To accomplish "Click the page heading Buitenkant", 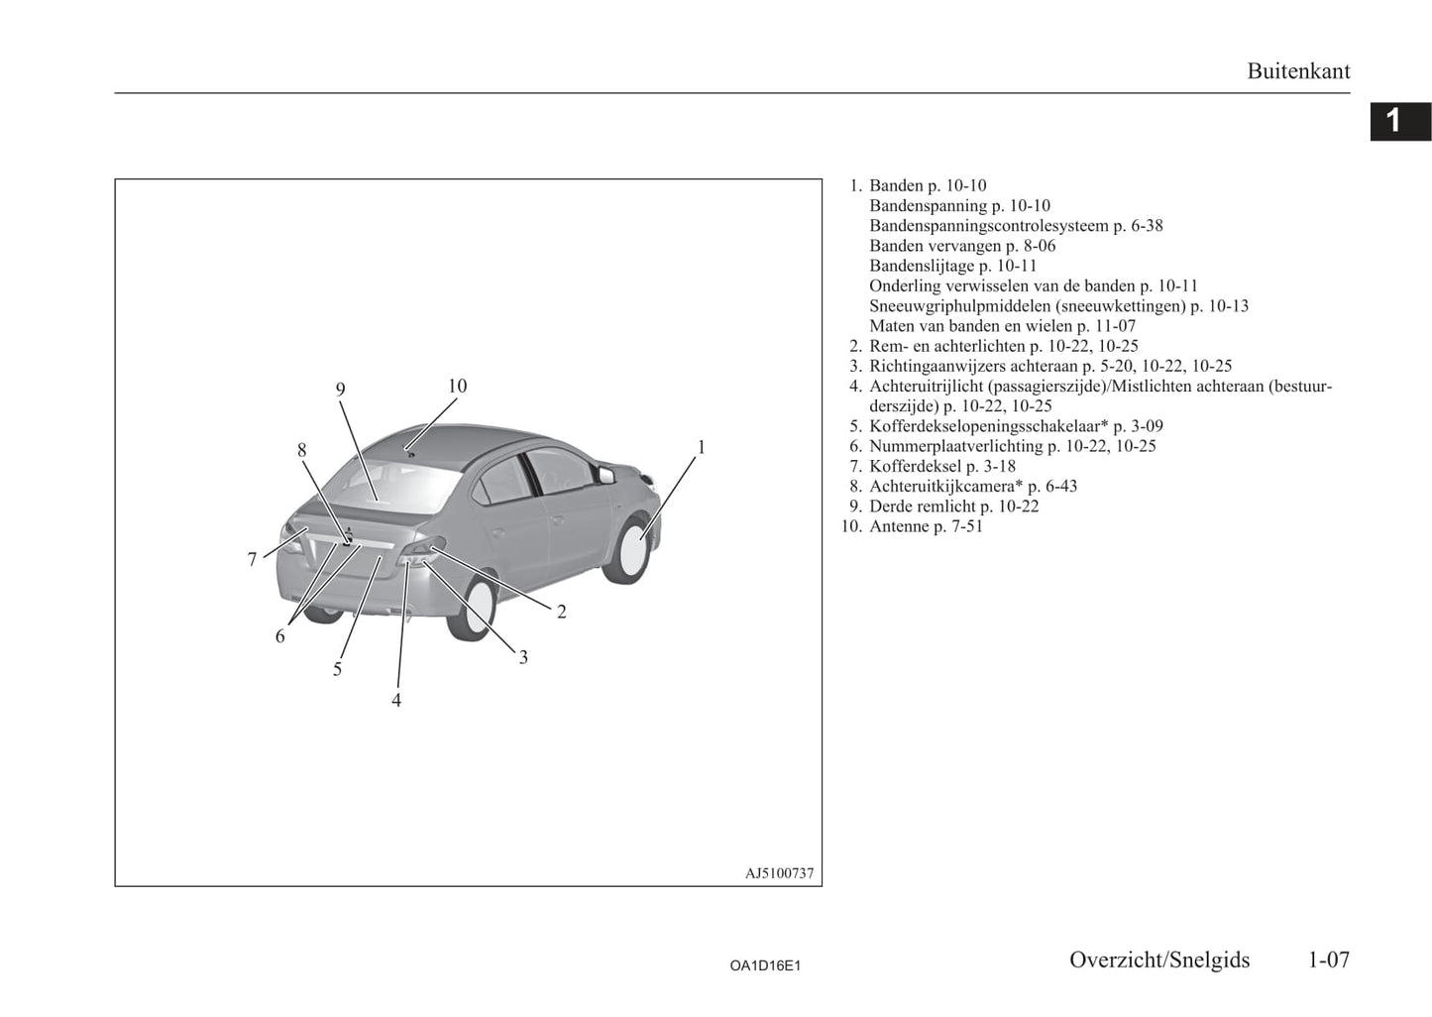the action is coord(1298,71).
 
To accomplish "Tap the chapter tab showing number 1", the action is coord(1400,121).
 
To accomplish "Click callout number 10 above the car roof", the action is coord(457,386).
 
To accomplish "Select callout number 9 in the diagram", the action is coord(340,389).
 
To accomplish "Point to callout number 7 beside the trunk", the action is coord(252,560).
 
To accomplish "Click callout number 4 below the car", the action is coord(396,701).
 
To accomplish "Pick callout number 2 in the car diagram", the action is coord(561,613).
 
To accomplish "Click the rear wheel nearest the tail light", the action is coord(473,607).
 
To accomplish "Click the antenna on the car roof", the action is coord(411,454).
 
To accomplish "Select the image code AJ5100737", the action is coord(779,873).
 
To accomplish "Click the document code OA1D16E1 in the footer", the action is coord(765,965).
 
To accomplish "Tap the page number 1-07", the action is coord(1328,960).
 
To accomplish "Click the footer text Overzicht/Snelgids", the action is coord(1159,960).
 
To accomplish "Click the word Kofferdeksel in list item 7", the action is coord(916,466).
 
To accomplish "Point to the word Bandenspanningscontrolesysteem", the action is coord(989,226).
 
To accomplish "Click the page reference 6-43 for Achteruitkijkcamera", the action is coord(1061,487).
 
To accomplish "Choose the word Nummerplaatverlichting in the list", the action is coord(956,446).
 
